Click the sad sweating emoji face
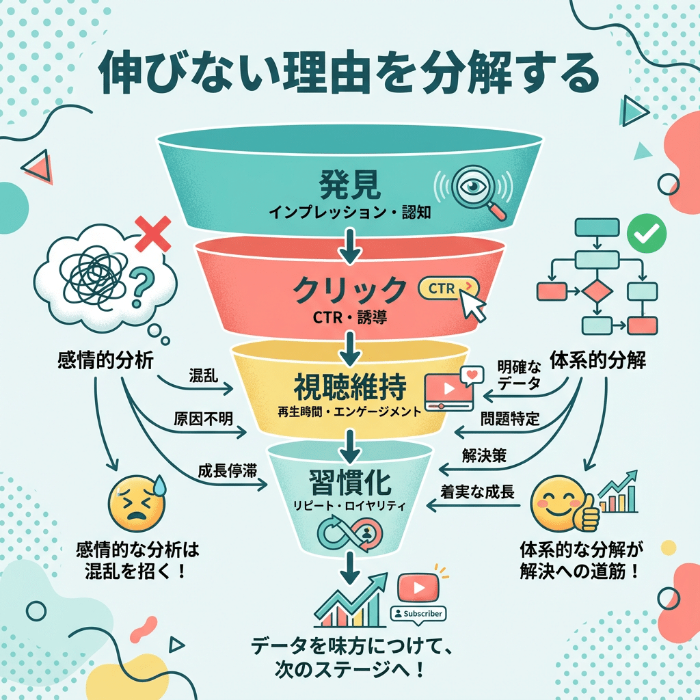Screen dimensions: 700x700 coord(135,507)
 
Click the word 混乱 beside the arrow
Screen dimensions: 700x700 coord(204,375)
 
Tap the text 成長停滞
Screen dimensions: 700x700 coord(223,470)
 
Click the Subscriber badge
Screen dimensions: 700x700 coord(416,613)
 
